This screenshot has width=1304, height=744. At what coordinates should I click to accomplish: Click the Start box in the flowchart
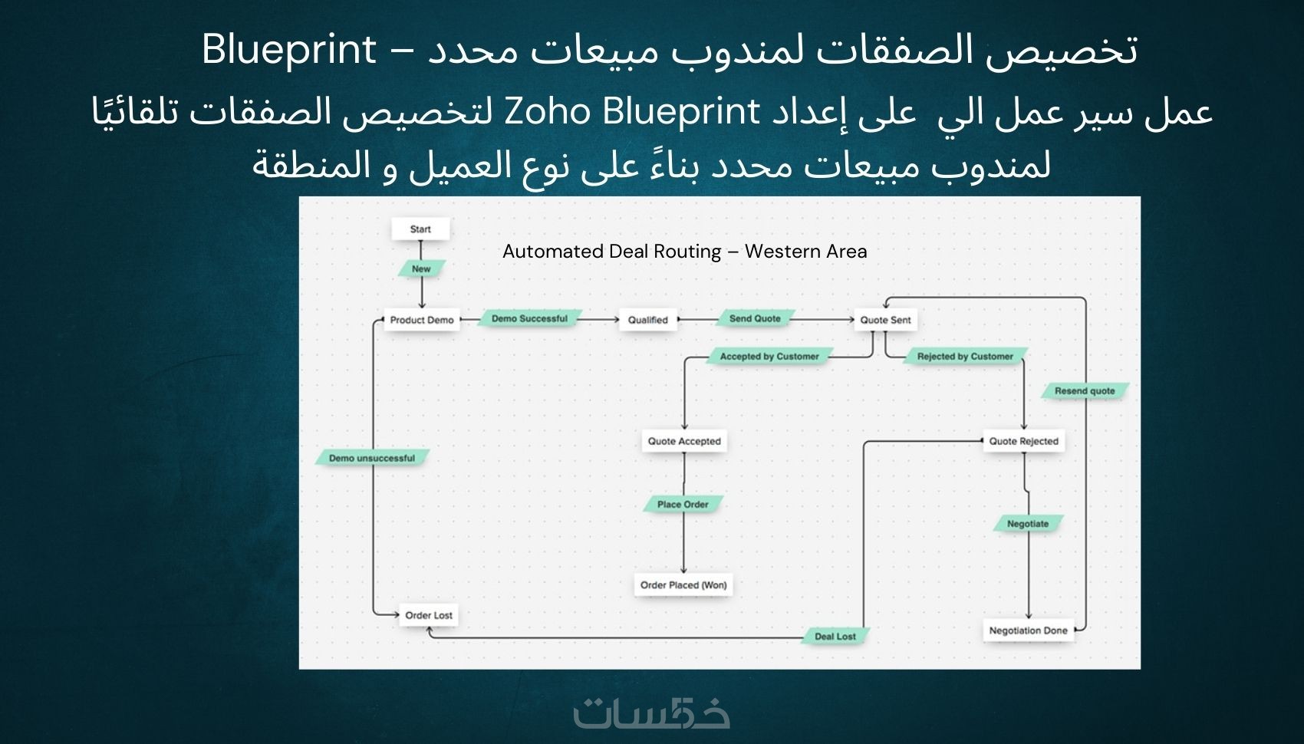(420, 229)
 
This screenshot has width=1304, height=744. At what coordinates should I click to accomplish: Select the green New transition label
(421, 268)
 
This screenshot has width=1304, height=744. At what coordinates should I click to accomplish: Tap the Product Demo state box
(421, 320)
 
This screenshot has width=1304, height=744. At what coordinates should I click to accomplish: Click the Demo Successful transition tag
(530, 318)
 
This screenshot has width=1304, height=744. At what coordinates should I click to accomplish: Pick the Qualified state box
(648, 320)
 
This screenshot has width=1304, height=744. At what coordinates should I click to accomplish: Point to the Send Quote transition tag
(755, 318)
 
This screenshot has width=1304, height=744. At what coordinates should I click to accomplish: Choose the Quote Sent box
(885, 320)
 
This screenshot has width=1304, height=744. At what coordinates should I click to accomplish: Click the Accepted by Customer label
(769, 357)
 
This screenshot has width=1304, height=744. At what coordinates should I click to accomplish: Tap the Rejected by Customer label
(965, 357)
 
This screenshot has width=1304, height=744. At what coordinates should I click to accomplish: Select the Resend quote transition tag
(1085, 390)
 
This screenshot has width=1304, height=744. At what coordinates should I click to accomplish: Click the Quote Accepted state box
(684, 441)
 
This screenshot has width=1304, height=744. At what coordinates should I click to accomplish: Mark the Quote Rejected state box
(1023, 441)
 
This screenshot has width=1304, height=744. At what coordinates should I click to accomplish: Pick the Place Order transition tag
(683, 504)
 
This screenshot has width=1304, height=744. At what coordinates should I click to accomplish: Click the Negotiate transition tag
(1028, 523)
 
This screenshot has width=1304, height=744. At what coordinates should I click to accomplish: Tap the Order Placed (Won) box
(683, 585)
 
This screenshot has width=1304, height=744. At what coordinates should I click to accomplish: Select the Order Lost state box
(429, 615)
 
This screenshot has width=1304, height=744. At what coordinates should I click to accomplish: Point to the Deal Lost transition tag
(835, 637)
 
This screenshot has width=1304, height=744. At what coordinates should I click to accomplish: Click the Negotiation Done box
(1028, 630)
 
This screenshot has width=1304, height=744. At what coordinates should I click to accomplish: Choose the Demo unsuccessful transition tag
(372, 458)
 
